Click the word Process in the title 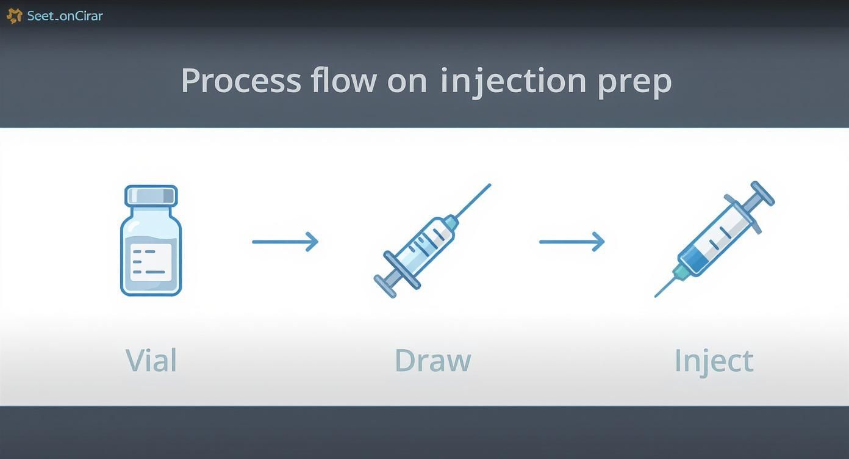pyautogui.click(x=241, y=81)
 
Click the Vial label pyautogui.click(x=151, y=360)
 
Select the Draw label pyautogui.click(x=432, y=360)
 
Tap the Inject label pyautogui.click(x=714, y=361)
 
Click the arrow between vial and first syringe pyautogui.click(x=285, y=242)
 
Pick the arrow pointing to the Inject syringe pyautogui.click(x=571, y=242)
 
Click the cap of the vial pyautogui.click(x=151, y=196)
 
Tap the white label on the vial pyautogui.click(x=151, y=262)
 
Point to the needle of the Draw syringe pyautogui.click(x=473, y=201)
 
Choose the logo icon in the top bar pyautogui.click(x=14, y=16)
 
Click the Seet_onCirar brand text pyautogui.click(x=65, y=16)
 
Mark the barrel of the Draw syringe pyautogui.click(x=427, y=242)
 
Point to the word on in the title pyautogui.click(x=407, y=81)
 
